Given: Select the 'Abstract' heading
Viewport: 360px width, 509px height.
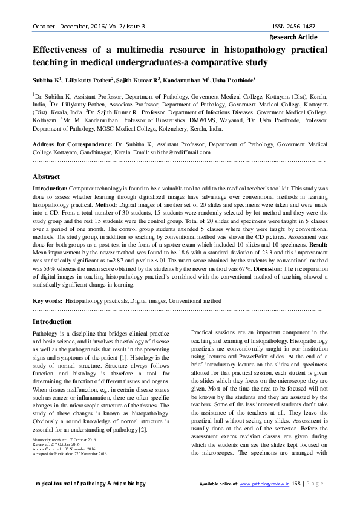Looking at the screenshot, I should tap(46, 177).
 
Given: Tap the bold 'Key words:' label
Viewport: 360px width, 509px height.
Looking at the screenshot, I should tap(47, 300).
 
